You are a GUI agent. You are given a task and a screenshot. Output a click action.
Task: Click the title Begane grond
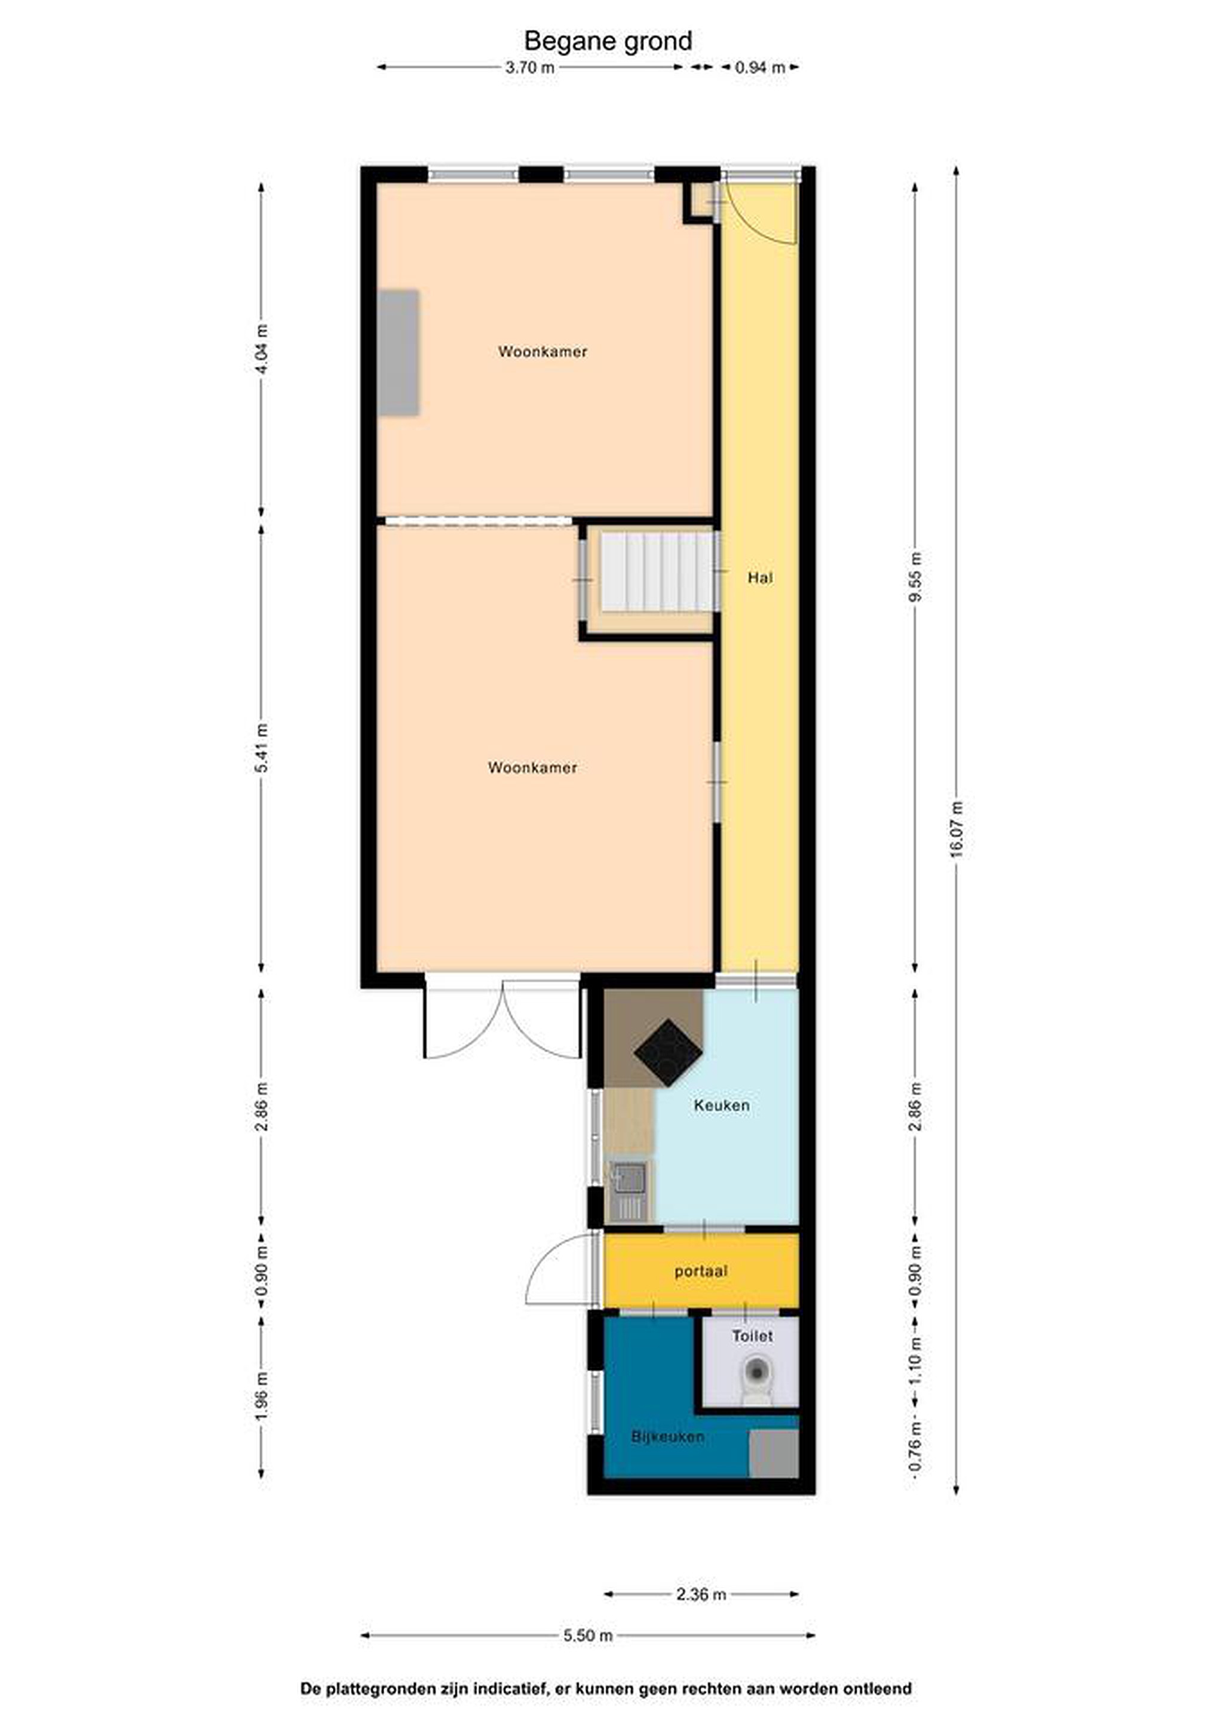[608, 41]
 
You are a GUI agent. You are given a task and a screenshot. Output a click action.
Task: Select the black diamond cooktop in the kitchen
[669, 1052]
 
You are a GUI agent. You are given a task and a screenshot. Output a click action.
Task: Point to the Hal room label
[760, 578]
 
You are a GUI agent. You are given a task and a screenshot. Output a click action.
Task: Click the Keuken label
[722, 1105]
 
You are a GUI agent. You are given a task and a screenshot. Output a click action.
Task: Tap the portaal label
[701, 1271]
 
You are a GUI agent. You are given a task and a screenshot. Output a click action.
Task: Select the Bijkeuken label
[668, 1436]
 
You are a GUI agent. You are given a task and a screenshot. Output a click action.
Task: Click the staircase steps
[656, 572]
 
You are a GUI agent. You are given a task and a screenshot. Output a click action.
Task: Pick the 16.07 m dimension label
[956, 830]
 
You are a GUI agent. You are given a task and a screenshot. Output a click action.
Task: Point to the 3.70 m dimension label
[530, 67]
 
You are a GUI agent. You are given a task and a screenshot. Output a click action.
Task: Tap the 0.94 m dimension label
[760, 67]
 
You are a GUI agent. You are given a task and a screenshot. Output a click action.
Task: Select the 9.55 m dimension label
[915, 576]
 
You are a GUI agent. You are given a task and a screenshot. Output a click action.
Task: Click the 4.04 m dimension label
[262, 349]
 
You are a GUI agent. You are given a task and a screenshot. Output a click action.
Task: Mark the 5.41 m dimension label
[262, 748]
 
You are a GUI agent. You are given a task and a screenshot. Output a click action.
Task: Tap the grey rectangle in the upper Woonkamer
[398, 353]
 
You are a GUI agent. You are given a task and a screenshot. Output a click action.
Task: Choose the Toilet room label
[752, 1336]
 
